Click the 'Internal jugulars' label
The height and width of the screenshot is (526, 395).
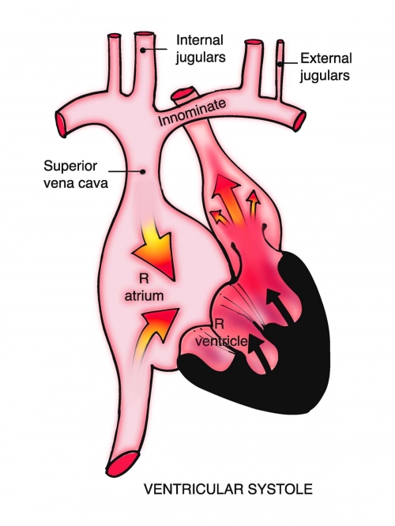coord(201,49)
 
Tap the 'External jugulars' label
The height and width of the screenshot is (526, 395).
coord(325,67)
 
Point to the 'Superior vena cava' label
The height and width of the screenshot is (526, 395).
coord(76,175)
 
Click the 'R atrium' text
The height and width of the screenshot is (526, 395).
coord(145,288)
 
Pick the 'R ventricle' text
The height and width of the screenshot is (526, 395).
coord(221,333)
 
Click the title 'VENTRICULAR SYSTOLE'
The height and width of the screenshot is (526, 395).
coord(228,489)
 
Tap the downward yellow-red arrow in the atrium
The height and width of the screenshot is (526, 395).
coord(156,248)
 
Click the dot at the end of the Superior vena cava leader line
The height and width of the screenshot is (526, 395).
coord(143,171)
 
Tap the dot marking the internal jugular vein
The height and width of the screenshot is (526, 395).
coord(143,51)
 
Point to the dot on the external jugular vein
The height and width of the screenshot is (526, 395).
coord(279,63)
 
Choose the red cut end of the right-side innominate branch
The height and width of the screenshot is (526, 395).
coord(300,121)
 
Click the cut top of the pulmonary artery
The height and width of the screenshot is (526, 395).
coord(183,92)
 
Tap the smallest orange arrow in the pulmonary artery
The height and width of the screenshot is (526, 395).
coord(219,216)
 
